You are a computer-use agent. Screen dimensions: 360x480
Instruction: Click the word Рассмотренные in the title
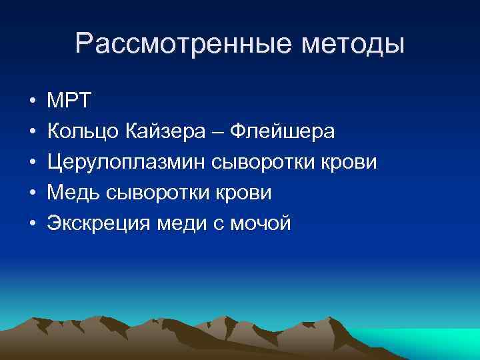(166, 45)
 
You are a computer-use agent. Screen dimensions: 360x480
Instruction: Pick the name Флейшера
(281, 132)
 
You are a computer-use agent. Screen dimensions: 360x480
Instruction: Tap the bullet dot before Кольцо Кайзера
(32, 133)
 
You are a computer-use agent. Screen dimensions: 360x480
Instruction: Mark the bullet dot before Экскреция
(32, 224)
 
